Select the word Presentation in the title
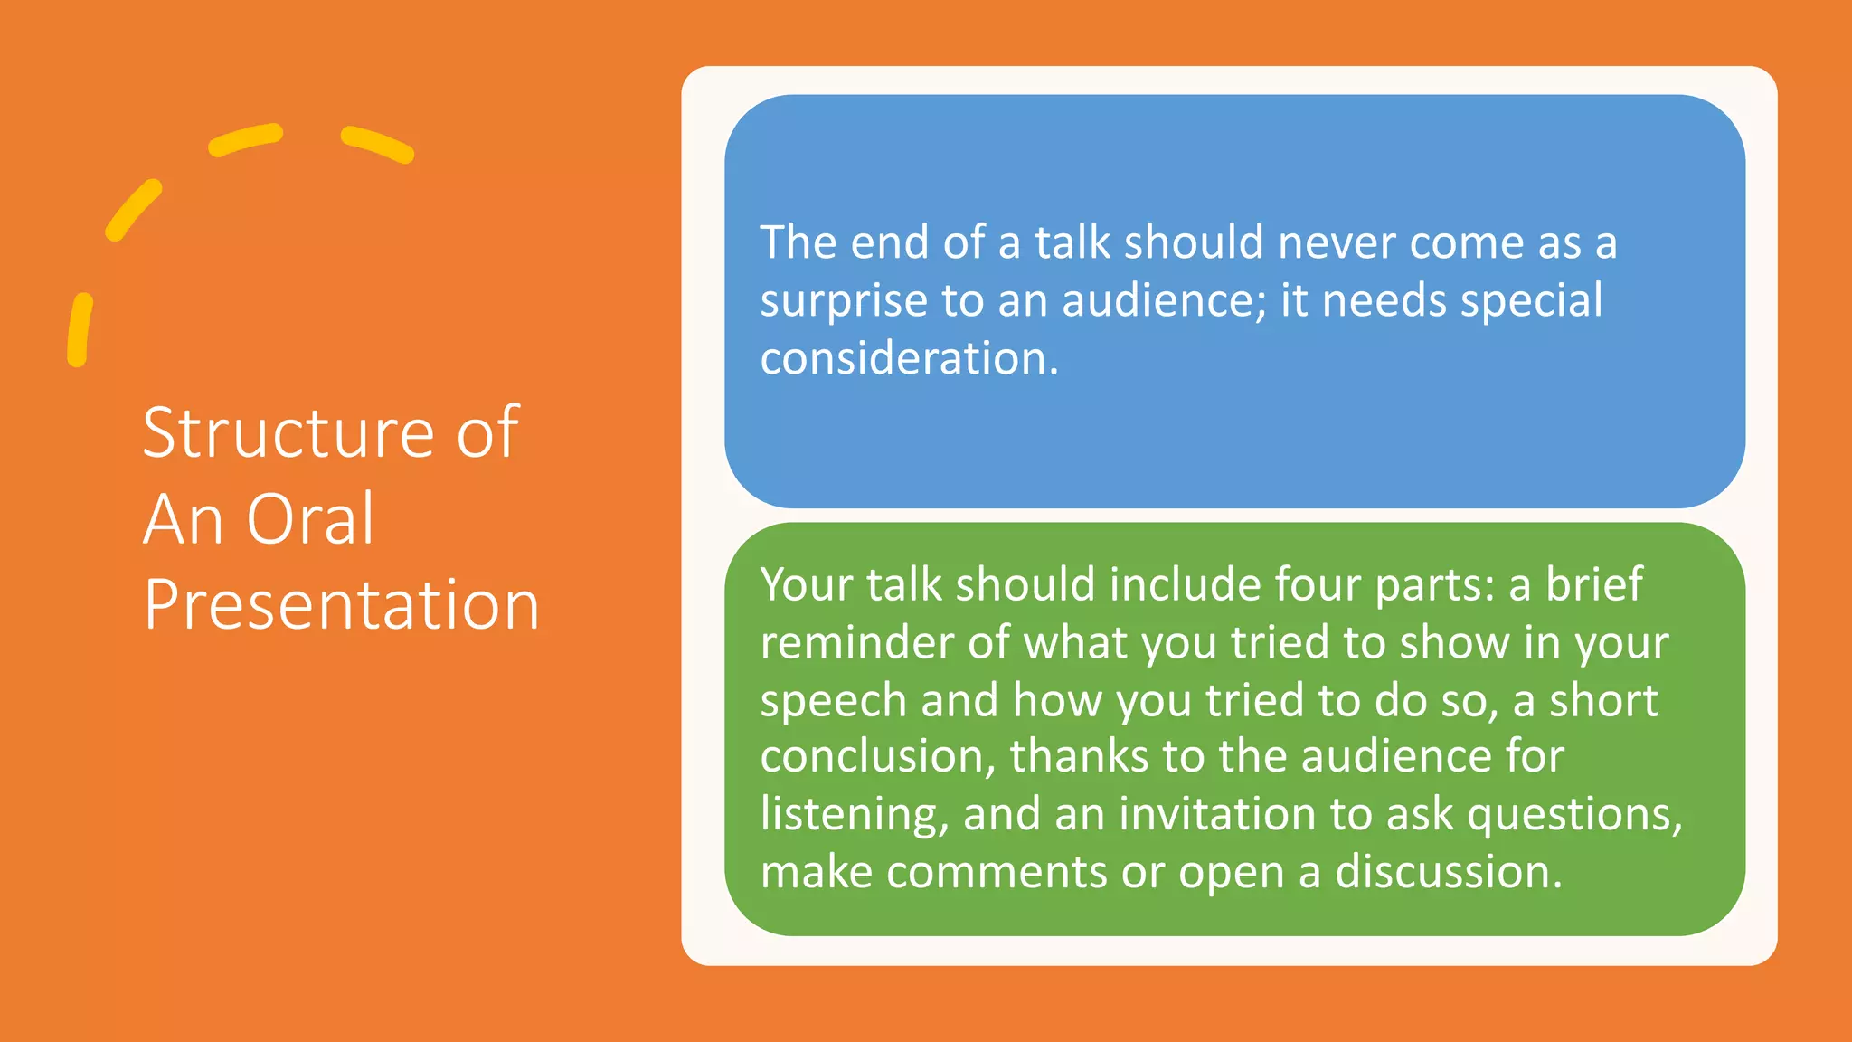[x=341, y=604]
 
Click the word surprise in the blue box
[x=843, y=302]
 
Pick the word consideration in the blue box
[x=908, y=359]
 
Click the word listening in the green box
[x=854, y=815]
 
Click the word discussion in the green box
[x=1448, y=872]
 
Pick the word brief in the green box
[x=1593, y=584]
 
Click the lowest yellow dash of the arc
[x=80, y=329]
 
